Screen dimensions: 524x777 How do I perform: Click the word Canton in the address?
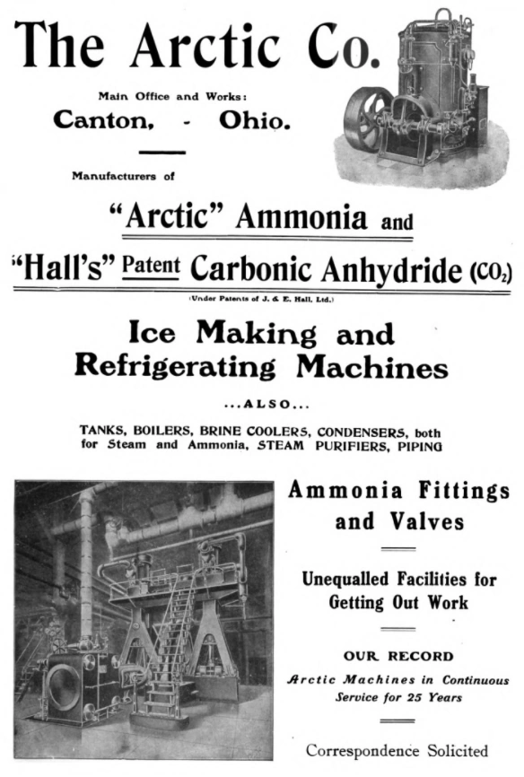[x=104, y=119]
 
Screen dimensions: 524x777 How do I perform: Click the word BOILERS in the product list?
[x=183, y=430]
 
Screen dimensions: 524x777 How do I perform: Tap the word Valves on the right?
[x=399, y=520]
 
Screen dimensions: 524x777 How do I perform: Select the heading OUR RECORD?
[x=398, y=656]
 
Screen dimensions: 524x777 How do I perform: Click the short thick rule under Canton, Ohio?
[x=163, y=153]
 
